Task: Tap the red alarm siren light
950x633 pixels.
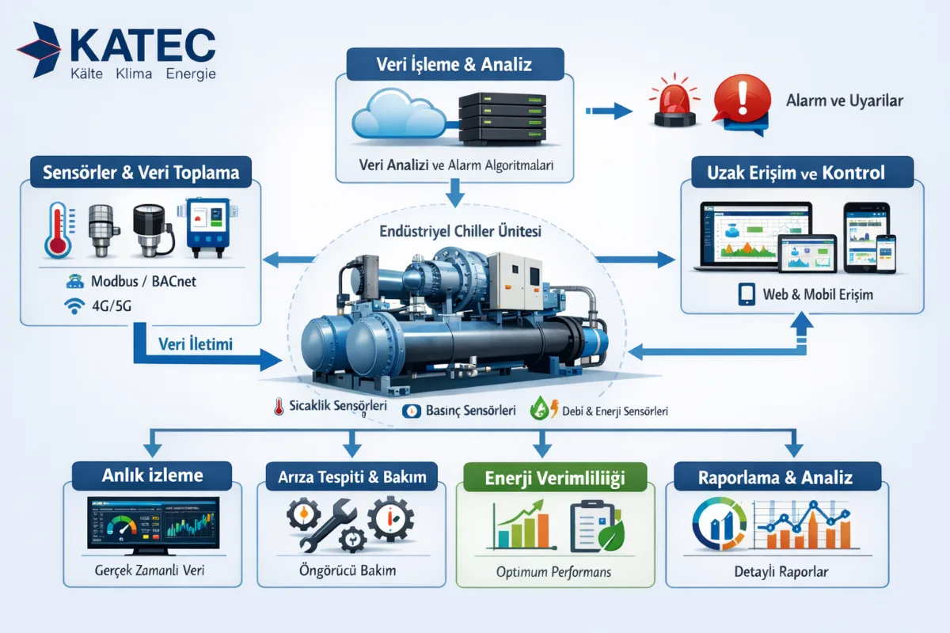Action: pyautogui.click(x=673, y=103)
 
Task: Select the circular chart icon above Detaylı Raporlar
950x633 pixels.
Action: pyautogui.click(x=716, y=524)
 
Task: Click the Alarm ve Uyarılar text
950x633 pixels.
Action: pyautogui.click(x=845, y=101)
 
